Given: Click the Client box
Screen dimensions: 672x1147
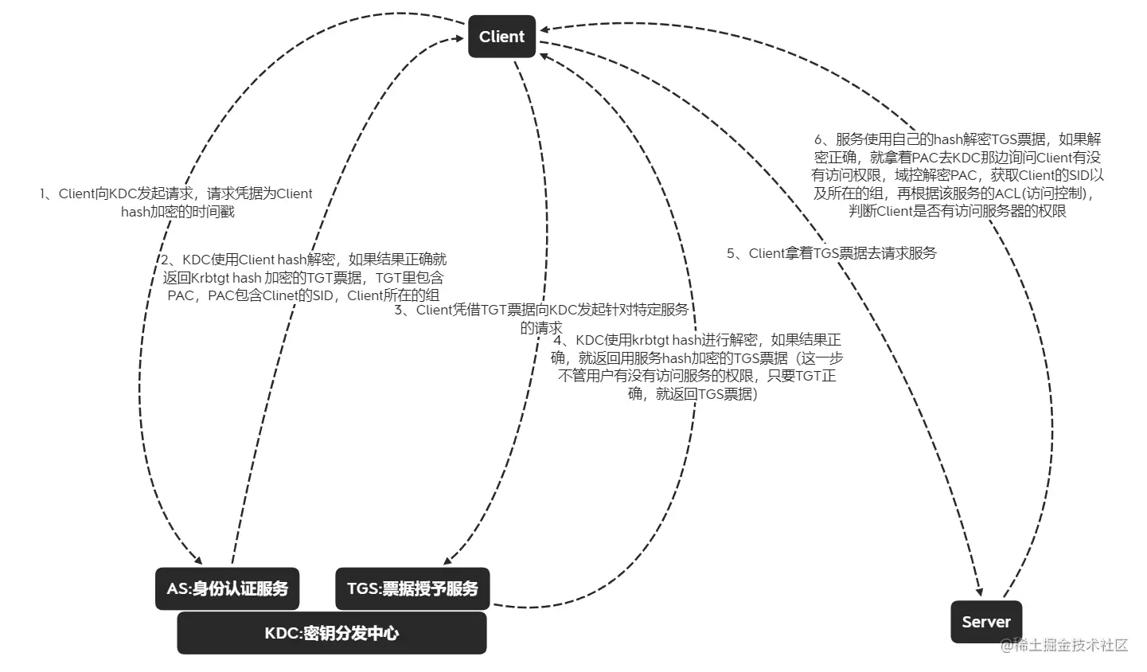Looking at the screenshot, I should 501,37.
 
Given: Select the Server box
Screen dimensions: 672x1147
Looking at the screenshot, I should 985,622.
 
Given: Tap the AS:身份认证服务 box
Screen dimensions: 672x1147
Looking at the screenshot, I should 227,588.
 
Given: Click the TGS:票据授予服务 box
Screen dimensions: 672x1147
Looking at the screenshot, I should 412,588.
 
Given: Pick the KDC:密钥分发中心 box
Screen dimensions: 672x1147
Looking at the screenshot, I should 331,634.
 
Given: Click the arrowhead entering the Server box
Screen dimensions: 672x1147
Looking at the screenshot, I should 978,590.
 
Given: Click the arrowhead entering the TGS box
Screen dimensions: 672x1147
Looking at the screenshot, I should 447,559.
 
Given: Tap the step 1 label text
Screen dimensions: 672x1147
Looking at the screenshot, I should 177,202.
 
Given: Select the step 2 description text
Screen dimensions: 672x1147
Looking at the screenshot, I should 303,277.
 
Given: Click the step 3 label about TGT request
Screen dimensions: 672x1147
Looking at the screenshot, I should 541,318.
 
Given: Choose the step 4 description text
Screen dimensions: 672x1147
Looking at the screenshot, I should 697,367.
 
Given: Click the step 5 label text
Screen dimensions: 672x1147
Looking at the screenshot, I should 832,253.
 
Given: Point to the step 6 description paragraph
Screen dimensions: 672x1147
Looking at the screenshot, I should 958,175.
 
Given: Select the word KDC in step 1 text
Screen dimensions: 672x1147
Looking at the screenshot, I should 123,193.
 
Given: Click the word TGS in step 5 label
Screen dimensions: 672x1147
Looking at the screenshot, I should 827,253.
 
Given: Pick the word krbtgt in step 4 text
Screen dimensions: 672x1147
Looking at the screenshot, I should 650,341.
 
